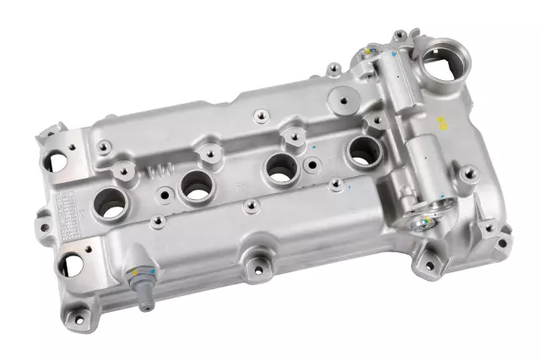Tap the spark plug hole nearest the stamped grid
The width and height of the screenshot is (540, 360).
[111, 203]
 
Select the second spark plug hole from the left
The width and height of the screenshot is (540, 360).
[196, 185]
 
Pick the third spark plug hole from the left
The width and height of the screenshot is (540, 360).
[281, 169]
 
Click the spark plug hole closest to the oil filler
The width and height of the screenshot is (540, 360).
[364, 151]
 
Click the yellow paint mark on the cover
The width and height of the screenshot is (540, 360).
[439, 122]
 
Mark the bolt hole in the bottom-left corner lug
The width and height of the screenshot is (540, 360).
[80, 318]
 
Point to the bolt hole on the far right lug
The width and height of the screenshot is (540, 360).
[502, 243]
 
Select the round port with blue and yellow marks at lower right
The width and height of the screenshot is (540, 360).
[426, 221]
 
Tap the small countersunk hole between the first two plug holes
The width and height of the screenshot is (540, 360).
[164, 195]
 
